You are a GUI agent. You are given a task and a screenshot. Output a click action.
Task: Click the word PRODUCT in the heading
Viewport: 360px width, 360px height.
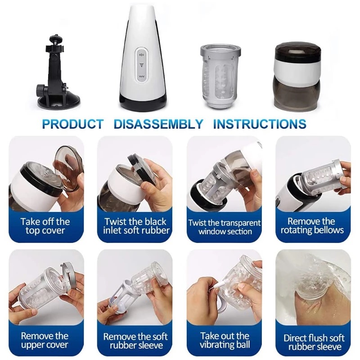point(73,124)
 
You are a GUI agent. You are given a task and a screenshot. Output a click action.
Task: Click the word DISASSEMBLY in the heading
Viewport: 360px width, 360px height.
point(158,124)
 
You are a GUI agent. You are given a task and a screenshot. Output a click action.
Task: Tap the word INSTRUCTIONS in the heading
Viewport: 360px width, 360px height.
point(260,124)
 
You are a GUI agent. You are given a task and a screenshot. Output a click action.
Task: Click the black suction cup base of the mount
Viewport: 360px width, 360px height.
point(59,103)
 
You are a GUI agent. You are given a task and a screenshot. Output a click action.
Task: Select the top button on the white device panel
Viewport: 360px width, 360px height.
point(142,54)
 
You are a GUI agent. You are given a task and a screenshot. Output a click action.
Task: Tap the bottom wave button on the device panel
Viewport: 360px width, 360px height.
point(142,76)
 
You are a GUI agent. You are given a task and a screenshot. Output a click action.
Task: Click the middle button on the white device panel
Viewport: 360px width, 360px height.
point(142,65)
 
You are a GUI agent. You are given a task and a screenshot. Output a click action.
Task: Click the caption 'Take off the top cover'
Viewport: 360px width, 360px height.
point(45,226)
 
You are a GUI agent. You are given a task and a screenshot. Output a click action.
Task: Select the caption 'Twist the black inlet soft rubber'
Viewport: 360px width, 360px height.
point(136,226)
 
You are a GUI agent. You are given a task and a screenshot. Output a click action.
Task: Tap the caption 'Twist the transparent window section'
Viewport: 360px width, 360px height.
point(225,227)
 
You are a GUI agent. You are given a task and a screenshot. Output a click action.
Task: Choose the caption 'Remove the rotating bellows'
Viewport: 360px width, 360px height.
point(312,226)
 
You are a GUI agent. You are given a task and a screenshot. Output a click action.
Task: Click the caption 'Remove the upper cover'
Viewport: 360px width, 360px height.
point(45,340)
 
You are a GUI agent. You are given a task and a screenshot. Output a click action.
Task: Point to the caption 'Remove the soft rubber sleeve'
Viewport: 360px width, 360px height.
point(135,341)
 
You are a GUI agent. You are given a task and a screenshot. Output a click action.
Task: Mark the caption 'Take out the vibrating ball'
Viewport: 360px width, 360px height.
point(225,340)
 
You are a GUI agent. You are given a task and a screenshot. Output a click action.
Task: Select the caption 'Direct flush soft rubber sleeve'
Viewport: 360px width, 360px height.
point(314,342)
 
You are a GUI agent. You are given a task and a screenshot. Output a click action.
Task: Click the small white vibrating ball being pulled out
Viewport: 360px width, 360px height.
point(219,284)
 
